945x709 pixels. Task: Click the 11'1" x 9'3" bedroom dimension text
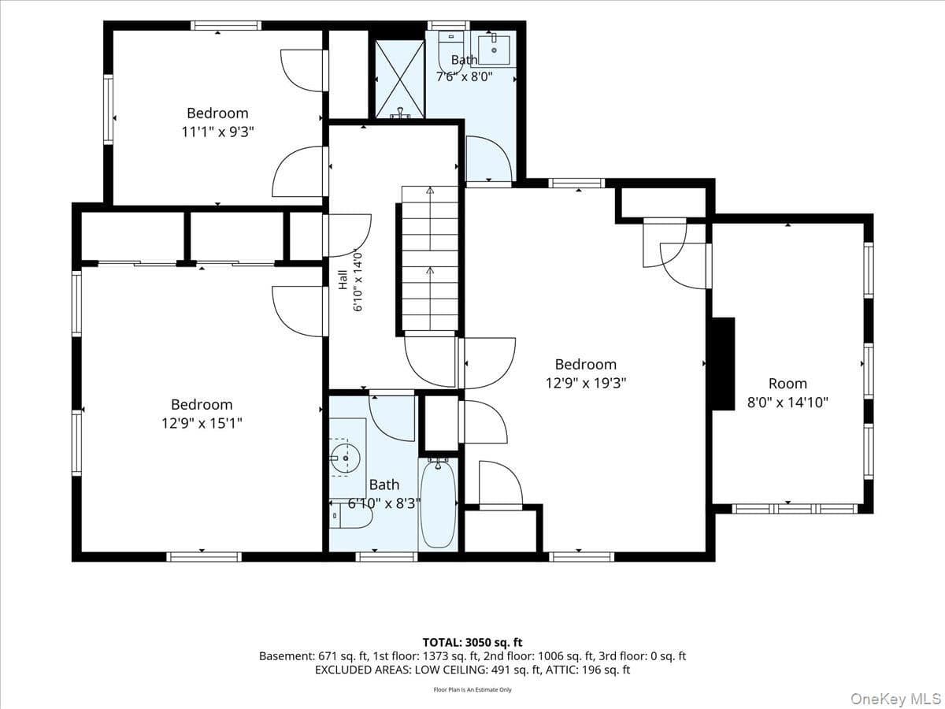click(x=217, y=132)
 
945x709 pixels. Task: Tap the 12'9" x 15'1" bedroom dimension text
click(x=202, y=424)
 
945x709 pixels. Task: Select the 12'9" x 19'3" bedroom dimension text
click(x=586, y=383)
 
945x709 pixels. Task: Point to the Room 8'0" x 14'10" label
click(x=787, y=393)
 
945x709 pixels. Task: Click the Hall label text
click(x=343, y=280)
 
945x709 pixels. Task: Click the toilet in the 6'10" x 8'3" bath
click(x=350, y=516)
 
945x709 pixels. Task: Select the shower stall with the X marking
click(x=400, y=79)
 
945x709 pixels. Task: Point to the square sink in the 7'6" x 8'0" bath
click(x=494, y=50)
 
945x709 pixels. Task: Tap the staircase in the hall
click(x=430, y=258)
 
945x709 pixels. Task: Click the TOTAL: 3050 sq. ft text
click(x=472, y=643)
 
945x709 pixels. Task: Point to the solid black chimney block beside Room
click(x=723, y=364)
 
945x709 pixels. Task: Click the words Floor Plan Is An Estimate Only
click(x=472, y=689)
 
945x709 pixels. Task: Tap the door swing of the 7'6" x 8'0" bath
click(x=490, y=158)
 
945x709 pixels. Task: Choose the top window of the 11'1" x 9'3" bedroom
click(x=226, y=25)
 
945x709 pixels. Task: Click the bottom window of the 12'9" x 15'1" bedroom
click(x=204, y=557)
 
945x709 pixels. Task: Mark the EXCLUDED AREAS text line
click(x=472, y=670)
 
